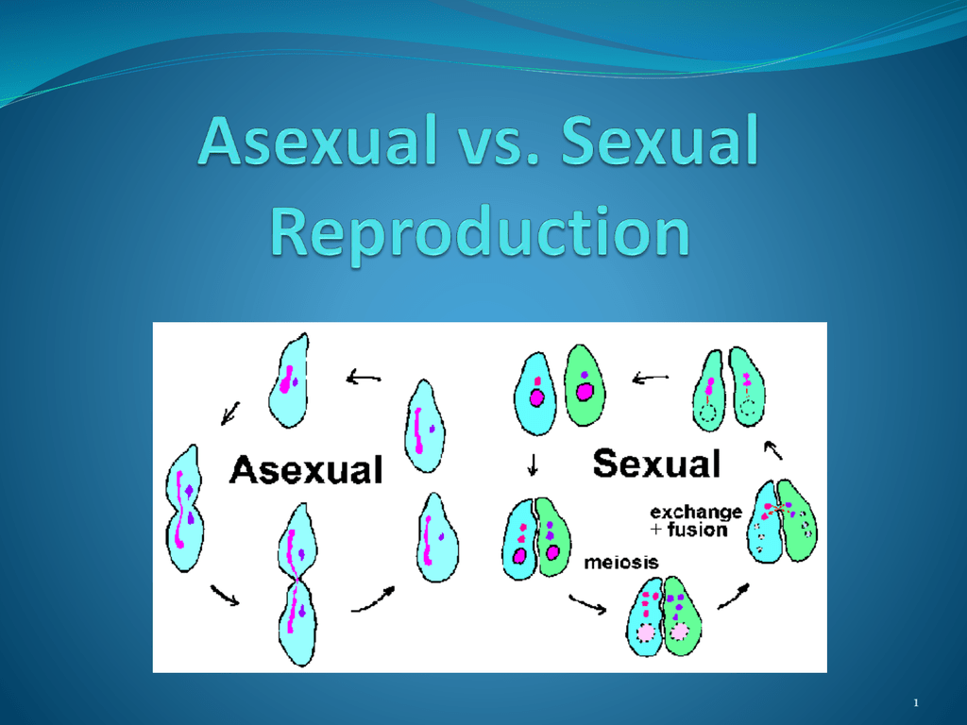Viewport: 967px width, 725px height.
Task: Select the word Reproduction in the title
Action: pos(480,232)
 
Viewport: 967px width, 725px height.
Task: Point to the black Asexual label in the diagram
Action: pos(306,470)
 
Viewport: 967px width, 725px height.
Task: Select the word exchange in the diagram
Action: pos(696,513)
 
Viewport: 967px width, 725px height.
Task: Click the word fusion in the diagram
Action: pos(697,530)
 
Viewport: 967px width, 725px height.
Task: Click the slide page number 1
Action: pos(916,702)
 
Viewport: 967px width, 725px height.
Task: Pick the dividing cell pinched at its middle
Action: pos(297,584)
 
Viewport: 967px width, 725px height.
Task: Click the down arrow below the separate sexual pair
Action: pos(533,464)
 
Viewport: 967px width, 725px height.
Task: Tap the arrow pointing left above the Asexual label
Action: pos(364,377)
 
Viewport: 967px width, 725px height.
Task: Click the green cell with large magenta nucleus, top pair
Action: pos(585,385)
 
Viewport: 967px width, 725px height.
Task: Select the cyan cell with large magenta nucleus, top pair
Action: pos(535,394)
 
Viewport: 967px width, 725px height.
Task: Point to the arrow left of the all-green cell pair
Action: pos(651,378)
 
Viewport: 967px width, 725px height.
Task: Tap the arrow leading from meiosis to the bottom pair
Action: pos(587,603)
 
